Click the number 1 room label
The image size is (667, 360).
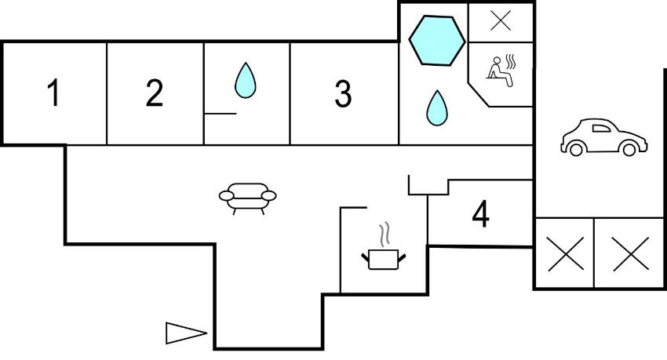tap(53, 93)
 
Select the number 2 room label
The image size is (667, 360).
tap(154, 93)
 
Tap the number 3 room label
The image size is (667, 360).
tap(343, 93)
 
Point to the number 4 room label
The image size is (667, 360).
tap(481, 215)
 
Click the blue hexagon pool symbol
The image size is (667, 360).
tap(437, 40)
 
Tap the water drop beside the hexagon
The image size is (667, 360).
tap(437, 107)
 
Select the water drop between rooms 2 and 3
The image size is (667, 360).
tap(246, 80)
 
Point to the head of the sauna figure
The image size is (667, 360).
tap(497, 60)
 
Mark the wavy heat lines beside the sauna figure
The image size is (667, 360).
tap(511, 62)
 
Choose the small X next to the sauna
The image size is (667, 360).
tap(501, 21)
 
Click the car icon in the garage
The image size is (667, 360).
tap(604, 137)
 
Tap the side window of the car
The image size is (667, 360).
tap(601, 129)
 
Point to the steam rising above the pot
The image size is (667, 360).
tap(385, 235)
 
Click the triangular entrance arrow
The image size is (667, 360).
tap(186, 333)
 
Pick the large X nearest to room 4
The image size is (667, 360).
tap(566, 254)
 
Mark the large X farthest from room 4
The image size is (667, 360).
tap(631, 254)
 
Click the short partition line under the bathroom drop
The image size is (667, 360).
tap(221, 114)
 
